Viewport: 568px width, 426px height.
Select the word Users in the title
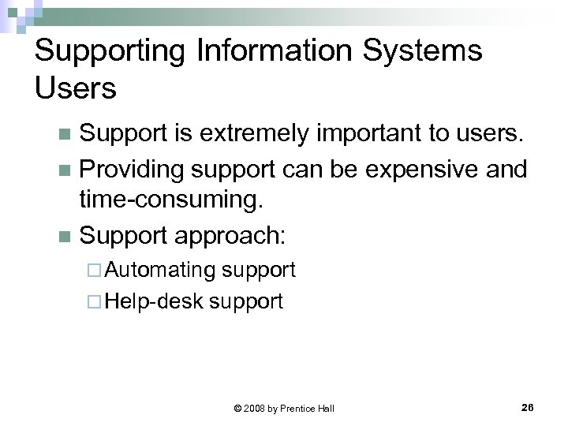(76, 88)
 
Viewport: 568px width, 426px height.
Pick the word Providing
(133, 170)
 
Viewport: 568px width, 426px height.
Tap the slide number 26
(528, 407)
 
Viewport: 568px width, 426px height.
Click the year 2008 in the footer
(254, 409)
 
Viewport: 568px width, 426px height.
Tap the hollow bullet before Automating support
(95, 271)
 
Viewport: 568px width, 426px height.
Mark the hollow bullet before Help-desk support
(95, 301)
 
